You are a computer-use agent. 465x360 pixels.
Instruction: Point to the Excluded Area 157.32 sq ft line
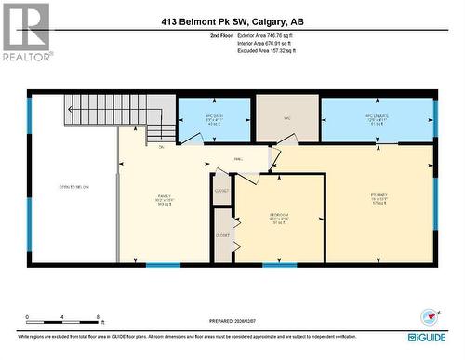tap(271, 52)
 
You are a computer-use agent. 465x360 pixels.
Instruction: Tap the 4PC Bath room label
tap(214, 118)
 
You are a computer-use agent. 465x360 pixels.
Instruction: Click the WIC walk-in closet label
tap(288, 117)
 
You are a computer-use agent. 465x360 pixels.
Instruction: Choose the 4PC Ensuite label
tap(377, 118)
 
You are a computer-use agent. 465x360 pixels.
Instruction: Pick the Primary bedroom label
tap(379, 197)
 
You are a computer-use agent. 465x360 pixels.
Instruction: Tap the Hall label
tap(238, 159)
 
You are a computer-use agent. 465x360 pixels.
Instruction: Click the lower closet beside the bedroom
tap(222, 235)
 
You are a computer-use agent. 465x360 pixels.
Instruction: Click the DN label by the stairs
tap(162, 147)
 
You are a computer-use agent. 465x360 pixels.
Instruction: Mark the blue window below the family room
tap(164, 266)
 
